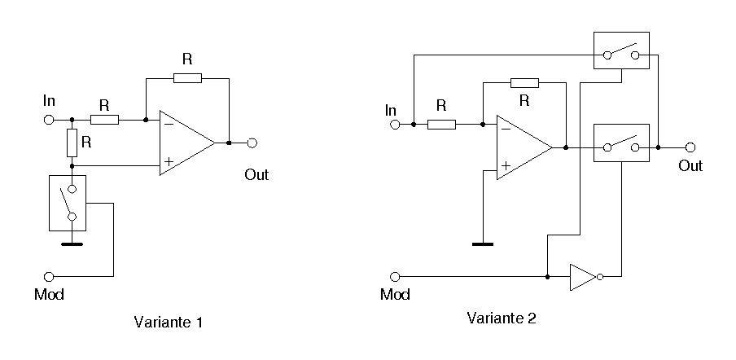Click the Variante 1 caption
point(167,323)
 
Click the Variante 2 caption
point(502,318)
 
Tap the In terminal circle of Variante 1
point(49,120)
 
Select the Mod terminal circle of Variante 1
point(49,277)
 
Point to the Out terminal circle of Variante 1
point(252,143)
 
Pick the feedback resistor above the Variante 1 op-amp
point(187,78)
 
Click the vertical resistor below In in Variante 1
point(72,143)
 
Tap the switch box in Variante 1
point(72,203)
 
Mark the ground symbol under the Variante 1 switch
point(72,242)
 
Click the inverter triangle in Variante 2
point(583,277)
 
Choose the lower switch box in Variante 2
point(621,143)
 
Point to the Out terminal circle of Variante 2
point(690,147)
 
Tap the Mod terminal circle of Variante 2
point(396,277)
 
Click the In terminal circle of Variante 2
point(396,125)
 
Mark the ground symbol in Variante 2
point(483,243)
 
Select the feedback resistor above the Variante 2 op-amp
point(524,82)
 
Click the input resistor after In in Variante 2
point(441,125)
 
